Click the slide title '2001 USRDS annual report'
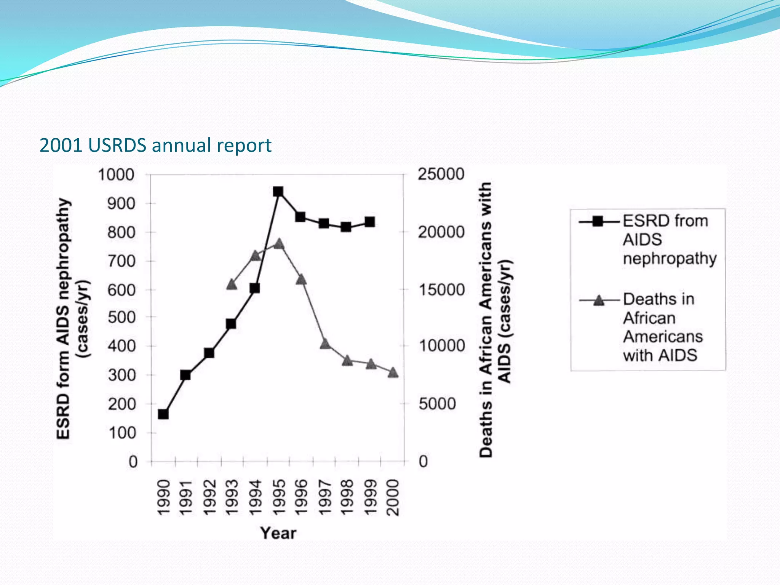[155, 145]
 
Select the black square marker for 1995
[278, 191]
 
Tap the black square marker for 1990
[163, 414]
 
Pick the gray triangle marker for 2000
[393, 372]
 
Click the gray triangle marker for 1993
[232, 285]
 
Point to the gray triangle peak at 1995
[279, 244]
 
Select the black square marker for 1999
[369, 222]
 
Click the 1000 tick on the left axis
[116, 175]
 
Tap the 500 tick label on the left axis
[121, 317]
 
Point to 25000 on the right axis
[441, 174]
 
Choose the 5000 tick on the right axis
[437, 404]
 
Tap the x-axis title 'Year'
[278, 533]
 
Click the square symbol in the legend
[598, 221]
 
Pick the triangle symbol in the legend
[599, 300]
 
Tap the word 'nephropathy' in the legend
[670, 259]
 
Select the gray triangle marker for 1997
[324, 344]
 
